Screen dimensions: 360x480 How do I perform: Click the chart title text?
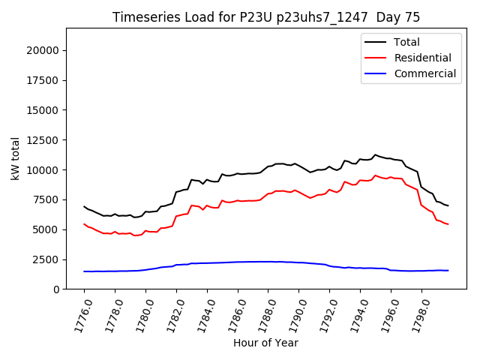[266, 17]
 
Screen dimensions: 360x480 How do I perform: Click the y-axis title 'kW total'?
[16, 158]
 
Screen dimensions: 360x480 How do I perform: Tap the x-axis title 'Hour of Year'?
[265, 343]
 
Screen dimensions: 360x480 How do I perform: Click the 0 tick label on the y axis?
[56, 289]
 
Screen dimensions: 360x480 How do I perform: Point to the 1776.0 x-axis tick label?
[79, 313]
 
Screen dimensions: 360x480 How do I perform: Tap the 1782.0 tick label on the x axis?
[172, 313]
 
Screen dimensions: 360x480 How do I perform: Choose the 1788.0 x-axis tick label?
[263, 313]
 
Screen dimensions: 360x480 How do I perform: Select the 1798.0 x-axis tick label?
[416, 313]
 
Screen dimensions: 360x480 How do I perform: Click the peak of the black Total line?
[375, 154]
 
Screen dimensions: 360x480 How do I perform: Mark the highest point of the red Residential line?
[375, 175]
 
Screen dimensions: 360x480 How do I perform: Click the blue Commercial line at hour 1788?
[268, 262]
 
